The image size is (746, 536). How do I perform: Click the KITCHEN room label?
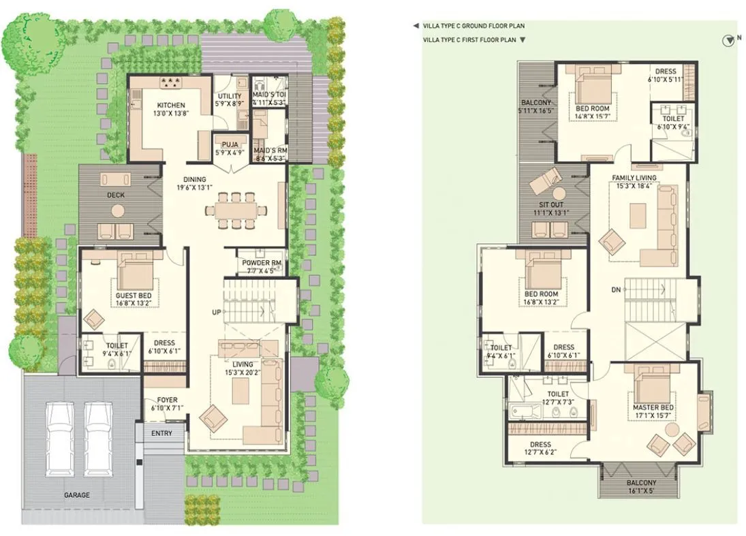(171, 106)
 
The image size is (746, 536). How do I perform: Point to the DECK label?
(116, 195)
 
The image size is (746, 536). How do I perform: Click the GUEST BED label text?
(134, 296)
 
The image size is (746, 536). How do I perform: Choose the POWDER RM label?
(262, 263)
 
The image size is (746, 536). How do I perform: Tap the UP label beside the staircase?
(216, 312)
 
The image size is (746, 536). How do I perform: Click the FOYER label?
(168, 400)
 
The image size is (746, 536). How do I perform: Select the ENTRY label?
(161, 433)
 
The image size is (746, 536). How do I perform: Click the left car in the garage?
(59, 439)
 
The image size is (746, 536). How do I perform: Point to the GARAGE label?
(76, 495)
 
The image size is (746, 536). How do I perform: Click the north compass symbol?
(728, 40)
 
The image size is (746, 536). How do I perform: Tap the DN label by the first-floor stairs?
(616, 290)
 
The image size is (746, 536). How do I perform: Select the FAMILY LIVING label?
(633, 178)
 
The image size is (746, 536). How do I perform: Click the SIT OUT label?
(552, 204)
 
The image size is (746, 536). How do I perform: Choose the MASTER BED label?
(653, 407)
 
